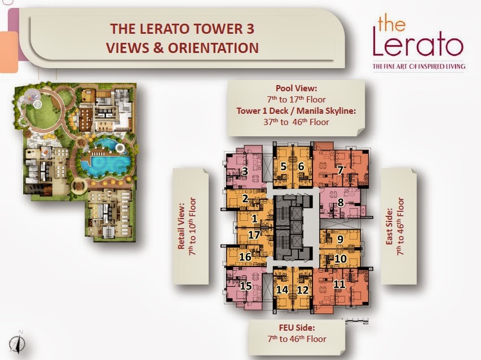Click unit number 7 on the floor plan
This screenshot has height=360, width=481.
point(340,170)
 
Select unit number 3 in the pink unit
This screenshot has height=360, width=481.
point(245,171)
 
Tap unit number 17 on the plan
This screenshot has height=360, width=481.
point(254,235)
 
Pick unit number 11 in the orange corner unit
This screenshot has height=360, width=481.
point(339,285)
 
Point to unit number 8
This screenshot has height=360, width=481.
point(341,203)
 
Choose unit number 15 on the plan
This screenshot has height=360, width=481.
point(246,286)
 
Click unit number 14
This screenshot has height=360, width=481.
point(282,290)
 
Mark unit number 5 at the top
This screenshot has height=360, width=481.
point(284,166)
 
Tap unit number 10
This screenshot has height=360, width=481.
point(341,259)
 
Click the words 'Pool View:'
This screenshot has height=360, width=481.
point(297,88)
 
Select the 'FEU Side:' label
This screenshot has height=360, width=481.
point(297,327)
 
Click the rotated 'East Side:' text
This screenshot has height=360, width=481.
point(389,226)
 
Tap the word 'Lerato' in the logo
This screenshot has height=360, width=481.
point(418,45)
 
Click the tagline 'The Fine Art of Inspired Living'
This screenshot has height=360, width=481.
point(419,66)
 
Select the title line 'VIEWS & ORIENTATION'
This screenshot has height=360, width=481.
point(182,48)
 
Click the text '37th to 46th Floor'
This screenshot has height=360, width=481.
point(296,122)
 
